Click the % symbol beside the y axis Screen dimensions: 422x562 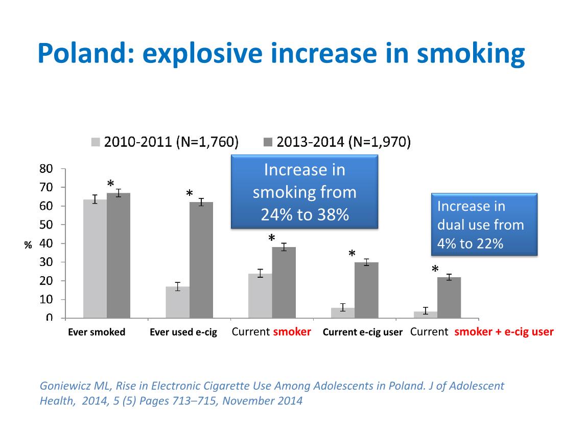[28, 245]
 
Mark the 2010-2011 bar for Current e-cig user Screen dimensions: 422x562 [343, 313]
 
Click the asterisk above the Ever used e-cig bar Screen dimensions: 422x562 [190, 194]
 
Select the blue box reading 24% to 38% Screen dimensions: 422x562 [305, 192]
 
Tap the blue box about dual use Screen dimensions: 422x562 [484, 225]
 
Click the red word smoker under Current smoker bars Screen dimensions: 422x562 [292, 331]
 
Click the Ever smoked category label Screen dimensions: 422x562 [97, 332]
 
